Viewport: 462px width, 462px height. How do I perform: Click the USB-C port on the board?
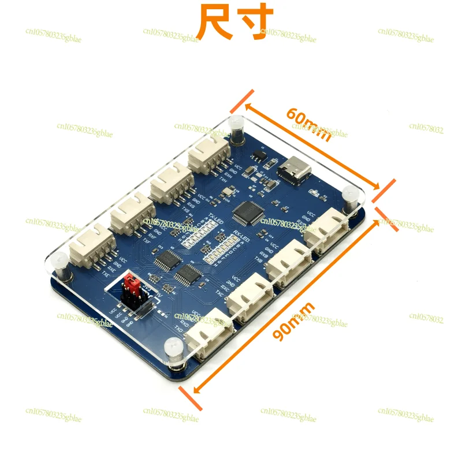295,170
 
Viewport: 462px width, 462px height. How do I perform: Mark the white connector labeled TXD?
211,334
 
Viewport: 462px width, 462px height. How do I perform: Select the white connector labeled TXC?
248,296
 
